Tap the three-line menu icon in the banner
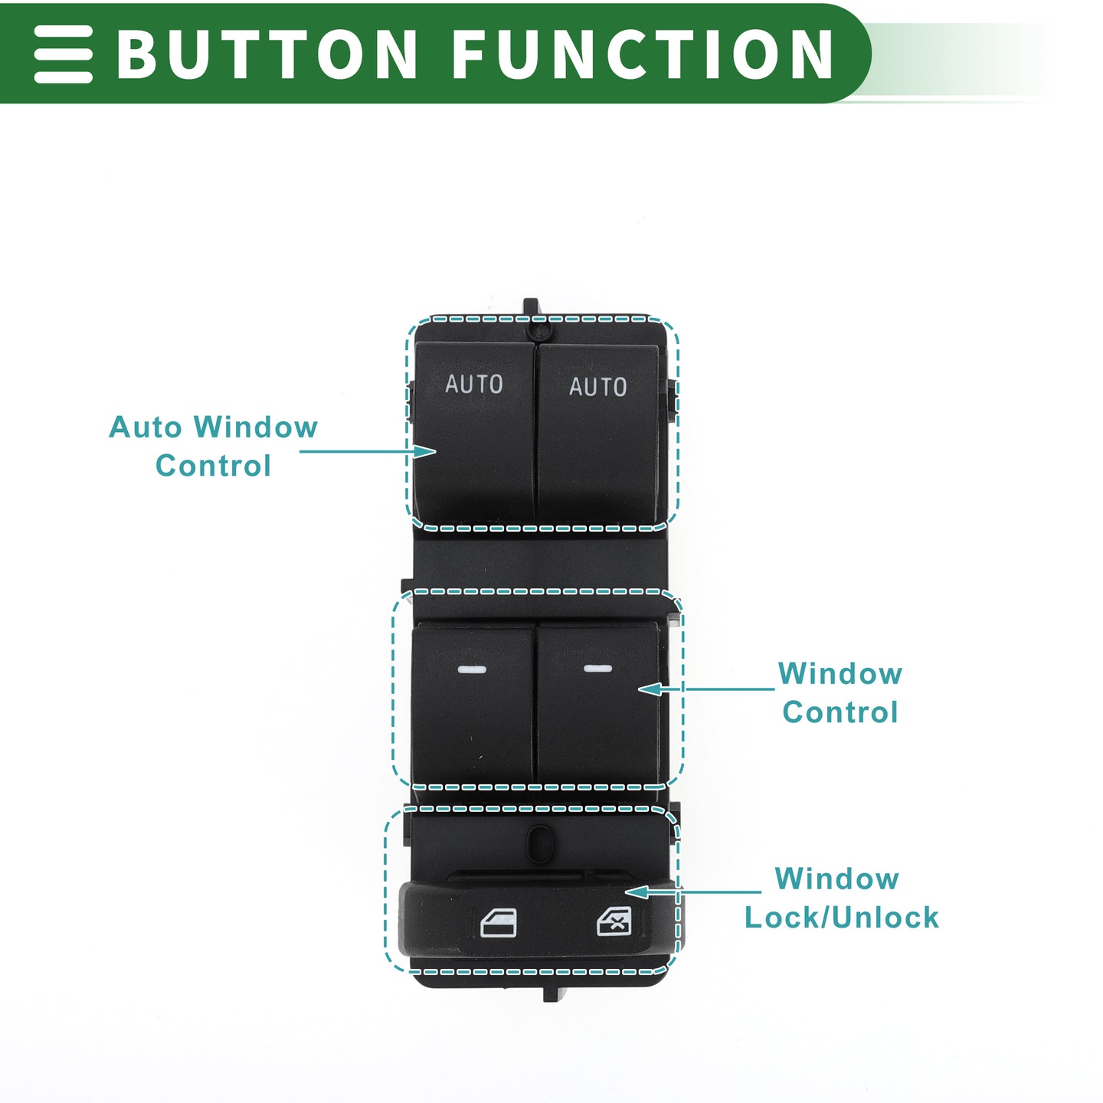click(x=63, y=54)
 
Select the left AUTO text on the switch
click(x=474, y=384)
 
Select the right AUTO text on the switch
click(x=597, y=386)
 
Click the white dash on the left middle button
click(x=472, y=669)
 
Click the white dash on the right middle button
click(x=597, y=668)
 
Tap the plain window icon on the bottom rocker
click(x=498, y=923)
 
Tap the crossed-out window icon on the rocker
click(x=614, y=921)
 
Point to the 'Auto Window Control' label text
click(x=213, y=446)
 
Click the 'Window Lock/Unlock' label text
click(x=840, y=898)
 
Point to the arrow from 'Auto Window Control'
click(x=368, y=452)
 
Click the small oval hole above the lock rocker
click(x=539, y=844)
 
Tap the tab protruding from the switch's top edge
click(x=531, y=307)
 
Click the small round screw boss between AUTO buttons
click(x=538, y=331)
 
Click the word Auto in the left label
click(x=146, y=427)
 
